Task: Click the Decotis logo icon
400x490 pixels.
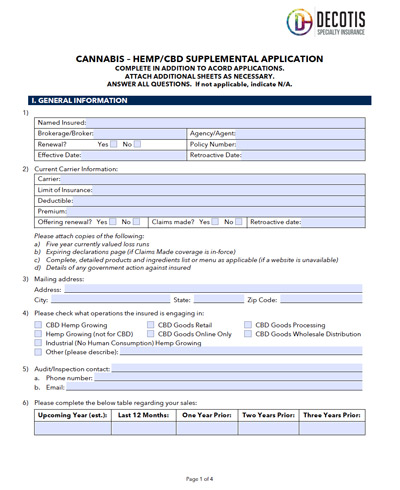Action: pyautogui.click(x=299, y=21)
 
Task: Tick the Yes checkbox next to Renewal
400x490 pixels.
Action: pyautogui.click(x=113, y=144)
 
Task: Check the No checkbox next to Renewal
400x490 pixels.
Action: pyautogui.click(x=137, y=144)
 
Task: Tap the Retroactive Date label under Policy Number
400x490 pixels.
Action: pyautogui.click(x=215, y=155)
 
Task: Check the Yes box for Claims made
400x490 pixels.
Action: pyautogui.click(x=215, y=222)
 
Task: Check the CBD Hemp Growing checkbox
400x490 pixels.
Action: pyautogui.click(x=39, y=325)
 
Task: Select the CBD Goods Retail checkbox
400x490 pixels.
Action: pyautogui.click(x=152, y=325)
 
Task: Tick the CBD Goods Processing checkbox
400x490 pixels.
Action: pyautogui.click(x=249, y=325)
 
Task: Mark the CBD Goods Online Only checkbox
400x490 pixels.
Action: pyautogui.click(x=152, y=334)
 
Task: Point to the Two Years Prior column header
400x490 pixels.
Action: pyautogui.click(x=268, y=414)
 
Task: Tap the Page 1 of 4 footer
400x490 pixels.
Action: pyautogui.click(x=199, y=479)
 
